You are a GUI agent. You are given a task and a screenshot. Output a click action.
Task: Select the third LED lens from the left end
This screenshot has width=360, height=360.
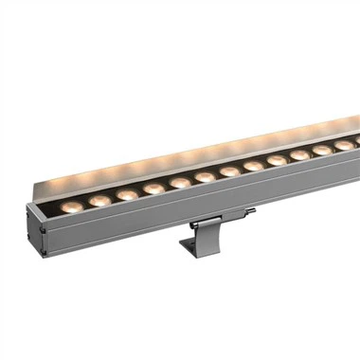pyautogui.click(x=127, y=194)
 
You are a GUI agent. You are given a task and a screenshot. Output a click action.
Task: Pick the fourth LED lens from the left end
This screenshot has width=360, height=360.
pyautogui.click(x=153, y=189)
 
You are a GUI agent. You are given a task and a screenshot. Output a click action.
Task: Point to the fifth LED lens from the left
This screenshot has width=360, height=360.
pyautogui.click(x=180, y=183)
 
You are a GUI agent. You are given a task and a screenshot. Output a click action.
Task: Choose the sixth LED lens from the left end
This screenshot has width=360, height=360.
pyautogui.click(x=205, y=177)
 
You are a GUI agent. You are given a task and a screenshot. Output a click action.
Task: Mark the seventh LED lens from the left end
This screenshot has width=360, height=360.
pyautogui.click(x=229, y=171)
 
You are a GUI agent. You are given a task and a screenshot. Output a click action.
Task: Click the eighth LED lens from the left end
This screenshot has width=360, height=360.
pyautogui.click(x=254, y=166)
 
